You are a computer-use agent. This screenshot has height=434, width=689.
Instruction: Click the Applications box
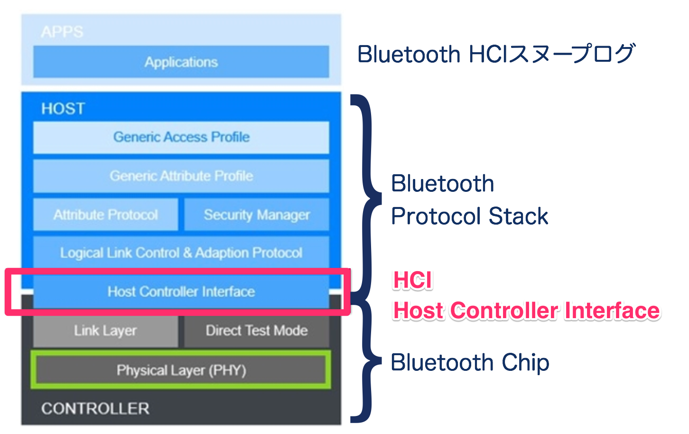coord(181,62)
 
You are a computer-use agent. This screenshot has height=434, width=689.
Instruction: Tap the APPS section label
coord(62,32)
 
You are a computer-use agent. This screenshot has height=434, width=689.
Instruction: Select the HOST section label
coord(63,109)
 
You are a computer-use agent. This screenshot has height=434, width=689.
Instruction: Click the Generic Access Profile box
coord(181,137)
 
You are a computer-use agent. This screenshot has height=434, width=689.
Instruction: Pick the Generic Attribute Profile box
coord(181,176)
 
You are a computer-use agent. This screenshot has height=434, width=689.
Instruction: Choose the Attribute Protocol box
coord(105,215)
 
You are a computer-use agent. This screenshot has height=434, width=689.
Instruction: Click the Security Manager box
coord(256,215)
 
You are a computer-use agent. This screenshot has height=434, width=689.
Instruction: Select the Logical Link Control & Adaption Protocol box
coord(181,253)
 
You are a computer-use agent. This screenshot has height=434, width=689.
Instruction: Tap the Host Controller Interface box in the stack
coord(181,291)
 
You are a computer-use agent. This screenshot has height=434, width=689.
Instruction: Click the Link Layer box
coord(105,330)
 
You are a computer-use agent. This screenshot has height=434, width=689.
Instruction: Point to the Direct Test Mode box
coord(256,330)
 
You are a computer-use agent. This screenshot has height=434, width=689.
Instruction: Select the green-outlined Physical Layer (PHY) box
coord(181,370)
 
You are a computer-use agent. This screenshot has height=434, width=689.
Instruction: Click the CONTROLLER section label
coord(95,408)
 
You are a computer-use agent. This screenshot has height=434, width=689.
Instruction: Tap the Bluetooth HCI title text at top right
coord(495,54)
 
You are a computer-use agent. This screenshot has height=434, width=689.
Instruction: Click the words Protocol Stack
coord(469,217)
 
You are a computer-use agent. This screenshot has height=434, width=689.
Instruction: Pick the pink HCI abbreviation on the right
coord(412,280)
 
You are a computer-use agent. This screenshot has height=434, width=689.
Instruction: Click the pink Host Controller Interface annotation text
coord(526,311)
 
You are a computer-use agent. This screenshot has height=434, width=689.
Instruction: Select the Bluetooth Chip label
coord(469,363)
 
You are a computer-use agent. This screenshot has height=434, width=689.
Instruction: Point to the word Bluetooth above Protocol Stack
coord(442,184)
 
